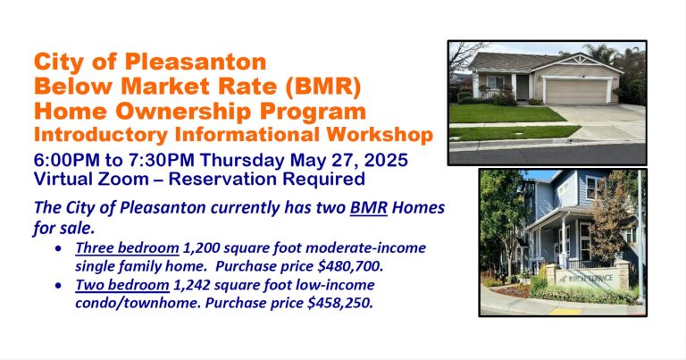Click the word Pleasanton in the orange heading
point(196,62)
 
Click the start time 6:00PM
point(67,160)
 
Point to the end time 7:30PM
point(162,160)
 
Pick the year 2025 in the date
point(386,160)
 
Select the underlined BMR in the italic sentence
point(368,207)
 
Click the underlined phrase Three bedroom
point(127,248)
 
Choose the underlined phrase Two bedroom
point(122,285)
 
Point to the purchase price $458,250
point(340,303)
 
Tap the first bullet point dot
point(59,248)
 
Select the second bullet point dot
point(59,286)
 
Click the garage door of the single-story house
point(577,91)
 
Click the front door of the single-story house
point(522,88)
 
